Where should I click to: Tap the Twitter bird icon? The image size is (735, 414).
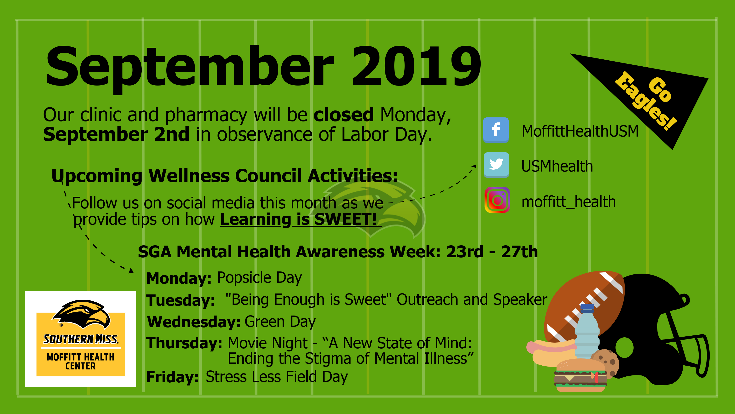pyautogui.click(x=496, y=165)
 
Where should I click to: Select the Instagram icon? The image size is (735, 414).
pyautogui.click(x=497, y=200)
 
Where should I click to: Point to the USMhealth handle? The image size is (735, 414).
pyautogui.click(x=557, y=166)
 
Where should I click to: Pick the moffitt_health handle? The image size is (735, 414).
pyautogui.click(x=569, y=202)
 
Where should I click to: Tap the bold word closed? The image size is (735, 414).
pyautogui.click(x=344, y=115)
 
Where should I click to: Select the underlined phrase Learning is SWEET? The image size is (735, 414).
pyautogui.click(x=301, y=219)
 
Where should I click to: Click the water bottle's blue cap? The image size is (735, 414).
pyautogui.click(x=587, y=308)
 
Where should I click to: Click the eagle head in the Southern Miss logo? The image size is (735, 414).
pyautogui.click(x=81, y=314)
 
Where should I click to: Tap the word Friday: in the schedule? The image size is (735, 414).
pyautogui.click(x=172, y=377)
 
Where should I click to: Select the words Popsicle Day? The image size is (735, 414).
pyautogui.click(x=259, y=278)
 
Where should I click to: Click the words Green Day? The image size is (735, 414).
pyautogui.click(x=280, y=322)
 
